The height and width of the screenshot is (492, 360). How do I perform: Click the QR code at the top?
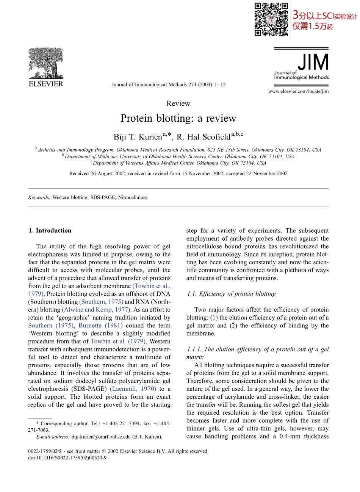coord(271,19)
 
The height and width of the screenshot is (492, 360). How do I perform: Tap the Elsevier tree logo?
coord(46,63)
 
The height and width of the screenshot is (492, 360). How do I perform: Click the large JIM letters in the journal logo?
coord(313,63)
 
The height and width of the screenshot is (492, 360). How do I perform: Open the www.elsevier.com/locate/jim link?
coord(298,91)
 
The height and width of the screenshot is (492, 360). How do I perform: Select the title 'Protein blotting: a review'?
coord(178,118)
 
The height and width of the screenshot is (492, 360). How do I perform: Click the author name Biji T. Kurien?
coord(138,137)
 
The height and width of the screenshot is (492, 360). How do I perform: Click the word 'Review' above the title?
coord(178,103)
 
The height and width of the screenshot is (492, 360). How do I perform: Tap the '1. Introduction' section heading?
coord(50,230)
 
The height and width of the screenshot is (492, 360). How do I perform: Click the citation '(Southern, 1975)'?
coord(101,302)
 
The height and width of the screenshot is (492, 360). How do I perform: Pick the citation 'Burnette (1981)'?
coord(100,325)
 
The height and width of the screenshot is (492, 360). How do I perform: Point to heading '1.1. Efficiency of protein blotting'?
coord(231,294)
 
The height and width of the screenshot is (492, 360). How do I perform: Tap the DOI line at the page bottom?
coord(67,458)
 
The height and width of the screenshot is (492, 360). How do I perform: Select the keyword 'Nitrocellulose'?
coord(133,197)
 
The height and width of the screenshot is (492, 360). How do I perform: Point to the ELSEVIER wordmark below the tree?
coord(46,84)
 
